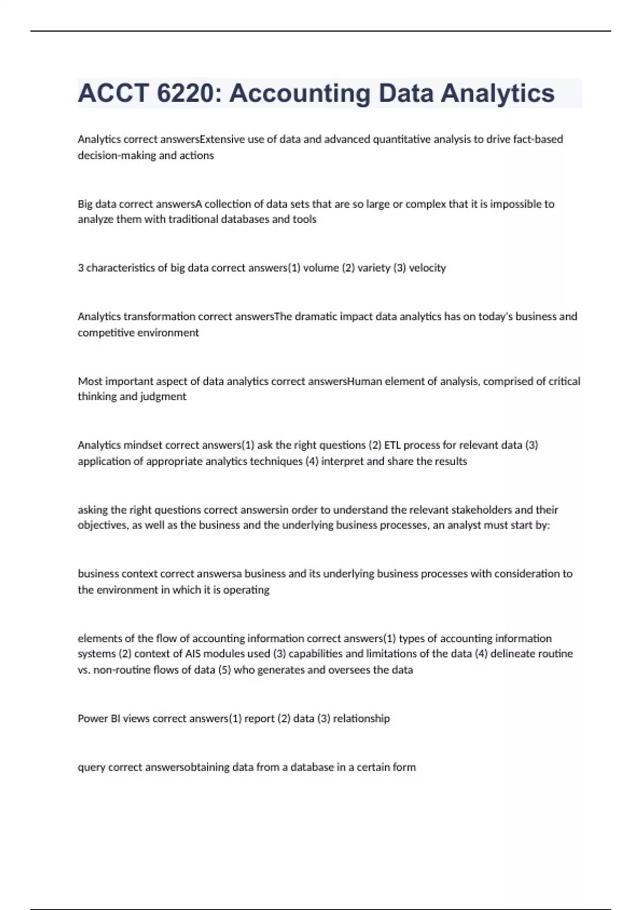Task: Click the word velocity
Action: click(427, 268)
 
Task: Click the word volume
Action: click(321, 268)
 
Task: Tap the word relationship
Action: click(361, 718)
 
